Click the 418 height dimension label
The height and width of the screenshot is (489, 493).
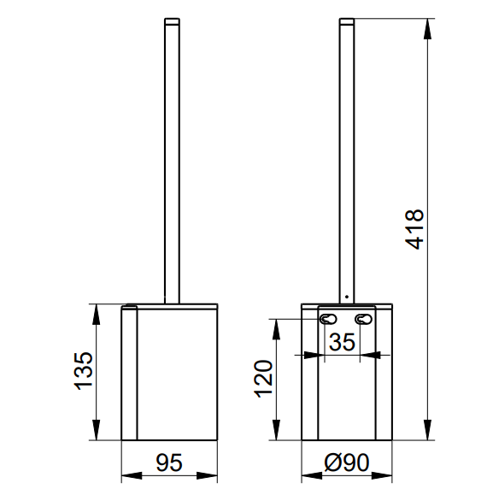click(414, 229)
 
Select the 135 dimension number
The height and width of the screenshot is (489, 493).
click(84, 371)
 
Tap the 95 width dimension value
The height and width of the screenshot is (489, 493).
click(169, 462)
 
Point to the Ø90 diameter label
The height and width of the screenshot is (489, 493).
click(347, 462)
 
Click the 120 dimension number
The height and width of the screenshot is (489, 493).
click(263, 379)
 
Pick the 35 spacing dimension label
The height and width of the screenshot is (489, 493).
click(342, 342)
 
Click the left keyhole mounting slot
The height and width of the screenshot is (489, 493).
click(328, 319)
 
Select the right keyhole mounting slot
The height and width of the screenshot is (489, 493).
click(363, 319)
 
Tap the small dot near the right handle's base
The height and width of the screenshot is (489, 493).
click(347, 297)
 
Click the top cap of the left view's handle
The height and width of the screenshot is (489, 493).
click(172, 21)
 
